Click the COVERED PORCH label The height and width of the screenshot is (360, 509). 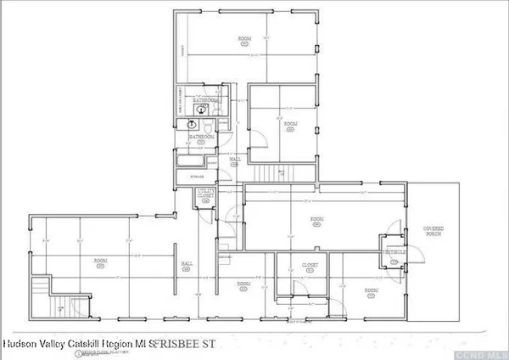[433, 230]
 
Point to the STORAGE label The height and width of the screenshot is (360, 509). [196, 177]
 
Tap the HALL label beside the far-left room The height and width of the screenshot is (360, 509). [186, 266]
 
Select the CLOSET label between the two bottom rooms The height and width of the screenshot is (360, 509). [310, 267]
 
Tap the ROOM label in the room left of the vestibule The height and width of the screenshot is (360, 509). [317, 220]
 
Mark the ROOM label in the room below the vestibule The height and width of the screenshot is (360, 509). [371, 292]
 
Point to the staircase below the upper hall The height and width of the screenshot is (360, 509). [271, 173]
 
